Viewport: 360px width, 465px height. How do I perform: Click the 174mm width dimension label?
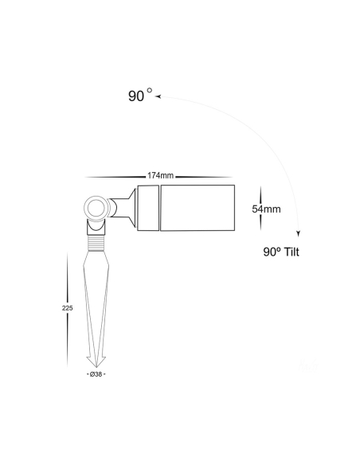(x=160, y=175)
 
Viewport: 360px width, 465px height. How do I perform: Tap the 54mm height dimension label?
(x=266, y=209)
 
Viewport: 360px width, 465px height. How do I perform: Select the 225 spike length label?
(x=68, y=308)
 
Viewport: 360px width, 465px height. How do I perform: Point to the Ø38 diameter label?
(x=96, y=374)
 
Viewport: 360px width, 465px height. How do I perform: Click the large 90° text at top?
(x=140, y=96)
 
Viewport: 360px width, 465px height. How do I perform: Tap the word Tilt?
(x=292, y=252)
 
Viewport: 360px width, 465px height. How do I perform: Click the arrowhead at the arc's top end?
(x=158, y=96)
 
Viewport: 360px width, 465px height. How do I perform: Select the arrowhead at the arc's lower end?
(x=299, y=233)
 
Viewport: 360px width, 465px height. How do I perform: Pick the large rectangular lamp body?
(x=198, y=208)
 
